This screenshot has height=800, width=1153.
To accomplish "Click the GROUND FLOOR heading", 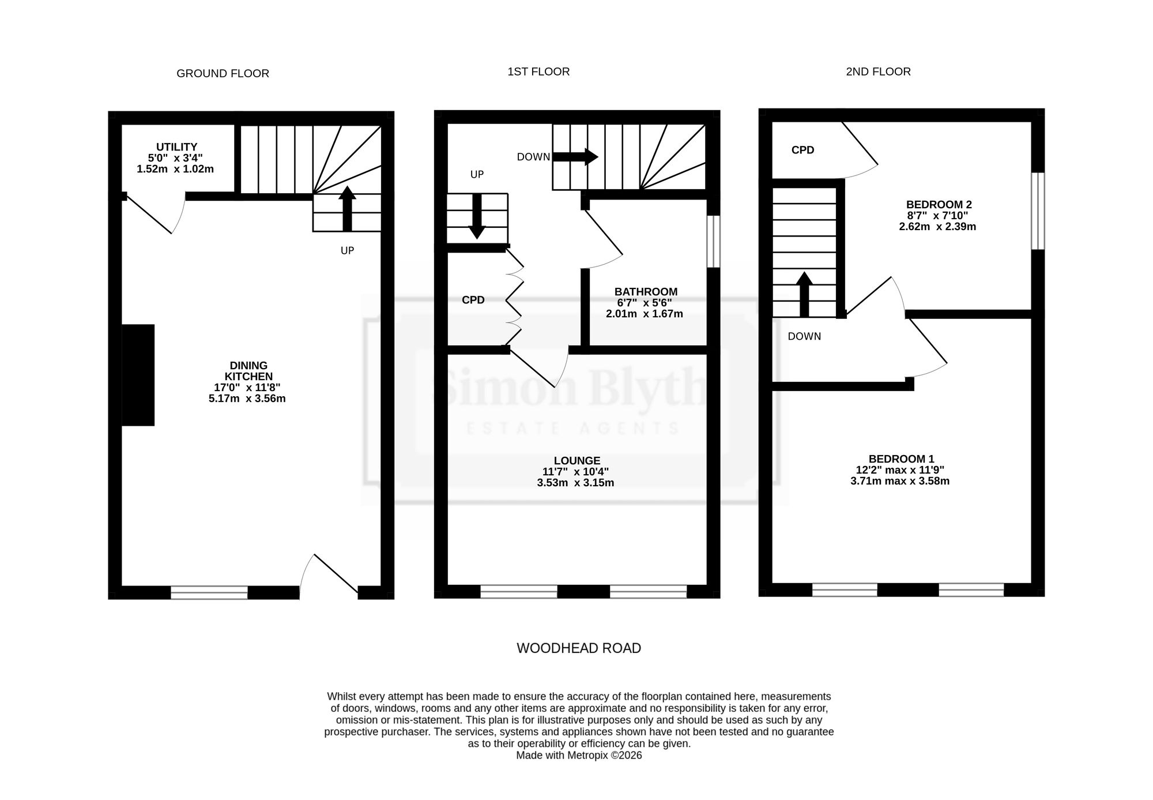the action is point(223,74).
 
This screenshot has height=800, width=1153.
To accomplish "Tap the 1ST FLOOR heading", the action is point(538,72).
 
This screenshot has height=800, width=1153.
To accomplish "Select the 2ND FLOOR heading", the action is point(878,72).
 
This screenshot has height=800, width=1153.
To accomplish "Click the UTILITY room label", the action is point(176,147).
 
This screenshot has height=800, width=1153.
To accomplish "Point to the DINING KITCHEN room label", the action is point(248,371).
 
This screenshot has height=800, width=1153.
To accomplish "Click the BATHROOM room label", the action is point(646,292).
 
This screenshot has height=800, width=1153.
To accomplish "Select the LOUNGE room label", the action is point(577,461).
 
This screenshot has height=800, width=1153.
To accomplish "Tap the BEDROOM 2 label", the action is point(939,205).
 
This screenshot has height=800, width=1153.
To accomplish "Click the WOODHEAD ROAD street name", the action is point(579,648).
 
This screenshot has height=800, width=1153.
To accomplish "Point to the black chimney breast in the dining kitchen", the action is point(138,375).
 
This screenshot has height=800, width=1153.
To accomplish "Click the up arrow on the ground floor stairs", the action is point(347,208).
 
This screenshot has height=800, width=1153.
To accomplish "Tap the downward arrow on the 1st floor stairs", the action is point(477,216).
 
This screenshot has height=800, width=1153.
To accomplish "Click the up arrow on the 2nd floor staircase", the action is point(804,294).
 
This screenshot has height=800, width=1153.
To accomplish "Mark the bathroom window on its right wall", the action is point(714,242).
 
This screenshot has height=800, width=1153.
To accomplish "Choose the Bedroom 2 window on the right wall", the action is point(1038,211).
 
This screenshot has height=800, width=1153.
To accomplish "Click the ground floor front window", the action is point(209,592).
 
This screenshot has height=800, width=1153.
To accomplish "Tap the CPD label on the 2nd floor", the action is point(802,151).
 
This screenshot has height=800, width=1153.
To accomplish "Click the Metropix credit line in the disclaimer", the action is point(579,756).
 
